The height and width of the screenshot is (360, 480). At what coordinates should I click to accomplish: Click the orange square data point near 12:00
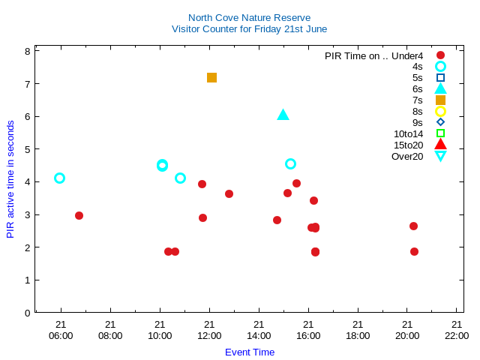[x=211, y=77]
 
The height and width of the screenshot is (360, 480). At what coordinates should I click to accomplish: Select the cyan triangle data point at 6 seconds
[x=283, y=115]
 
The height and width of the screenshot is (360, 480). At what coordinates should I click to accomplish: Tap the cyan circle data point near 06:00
[x=60, y=178]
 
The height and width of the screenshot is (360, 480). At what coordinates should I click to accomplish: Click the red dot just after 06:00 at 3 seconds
[x=79, y=215]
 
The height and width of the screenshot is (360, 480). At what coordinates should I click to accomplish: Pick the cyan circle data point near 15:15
[x=290, y=163]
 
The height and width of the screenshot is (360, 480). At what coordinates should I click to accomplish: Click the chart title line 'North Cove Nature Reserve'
[x=249, y=17]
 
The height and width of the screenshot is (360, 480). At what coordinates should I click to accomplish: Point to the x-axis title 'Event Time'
[x=250, y=352]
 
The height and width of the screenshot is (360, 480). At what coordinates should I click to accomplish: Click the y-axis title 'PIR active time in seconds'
[x=10, y=178]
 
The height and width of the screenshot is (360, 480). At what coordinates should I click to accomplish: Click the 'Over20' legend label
[x=407, y=156]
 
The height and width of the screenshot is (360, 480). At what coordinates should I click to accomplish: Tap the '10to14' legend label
[x=408, y=133]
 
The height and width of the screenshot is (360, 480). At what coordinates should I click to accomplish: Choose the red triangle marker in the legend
[x=440, y=145]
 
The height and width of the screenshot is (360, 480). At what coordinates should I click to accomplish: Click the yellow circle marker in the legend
[x=440, y=111]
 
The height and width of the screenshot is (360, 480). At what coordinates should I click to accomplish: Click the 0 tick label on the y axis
[x=27, y=313]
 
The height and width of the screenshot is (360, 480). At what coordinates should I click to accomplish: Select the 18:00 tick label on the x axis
[x=358, y=335]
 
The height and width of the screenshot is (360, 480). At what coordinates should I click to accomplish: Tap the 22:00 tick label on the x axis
[x=457, y=335]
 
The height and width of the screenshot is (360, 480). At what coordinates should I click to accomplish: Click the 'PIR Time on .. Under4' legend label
[x=373, y=55]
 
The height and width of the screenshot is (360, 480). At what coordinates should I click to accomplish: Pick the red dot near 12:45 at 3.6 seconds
[x=229, y=193]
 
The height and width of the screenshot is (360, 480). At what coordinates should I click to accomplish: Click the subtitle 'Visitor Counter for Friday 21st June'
[x=249, y=29]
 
